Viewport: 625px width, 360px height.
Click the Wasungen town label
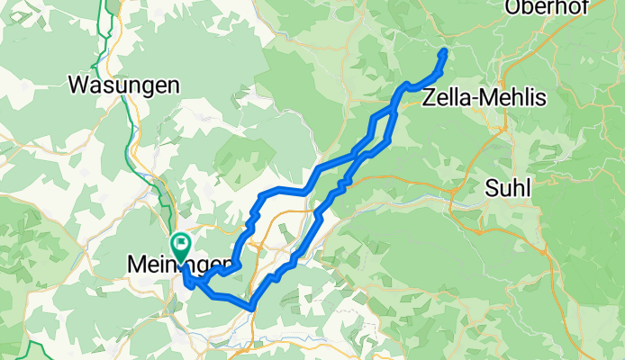pyautogui.click(x=125, y=85)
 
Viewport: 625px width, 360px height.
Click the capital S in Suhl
pyautogui.click(x=491, y=189)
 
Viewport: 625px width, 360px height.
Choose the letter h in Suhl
pyautogui.click(x=519, y=189)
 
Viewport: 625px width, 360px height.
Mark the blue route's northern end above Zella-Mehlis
pyautogui.click(x=444, y=51)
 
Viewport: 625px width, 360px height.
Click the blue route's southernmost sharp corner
pyautogui.click(x=252, y=309)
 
